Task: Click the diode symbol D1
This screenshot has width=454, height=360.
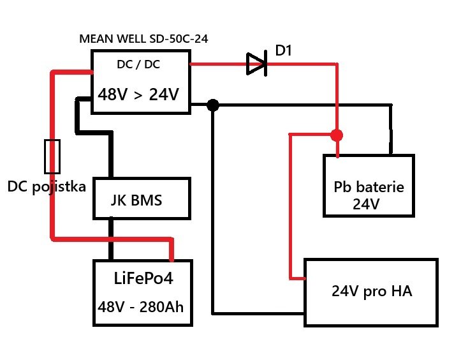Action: pos(256,64)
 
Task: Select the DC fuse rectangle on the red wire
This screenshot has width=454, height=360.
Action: pos(52,156)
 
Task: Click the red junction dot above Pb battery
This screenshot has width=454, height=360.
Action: pos(337,135)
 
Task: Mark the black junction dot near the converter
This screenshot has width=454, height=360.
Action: pos(213,105)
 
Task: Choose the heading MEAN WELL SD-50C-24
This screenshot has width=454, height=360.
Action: pos(143,38)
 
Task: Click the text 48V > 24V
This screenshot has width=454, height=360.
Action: pos(138,94)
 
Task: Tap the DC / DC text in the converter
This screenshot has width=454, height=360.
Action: pos(138,65)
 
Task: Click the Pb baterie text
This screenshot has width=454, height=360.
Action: pos(369,188)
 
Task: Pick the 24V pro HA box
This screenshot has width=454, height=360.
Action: pos(371,292)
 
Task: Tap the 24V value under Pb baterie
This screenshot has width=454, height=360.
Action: pos(366,205)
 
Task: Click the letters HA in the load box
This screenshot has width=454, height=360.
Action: pos(402,292)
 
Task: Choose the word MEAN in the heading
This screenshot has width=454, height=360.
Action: pos(94,38)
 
